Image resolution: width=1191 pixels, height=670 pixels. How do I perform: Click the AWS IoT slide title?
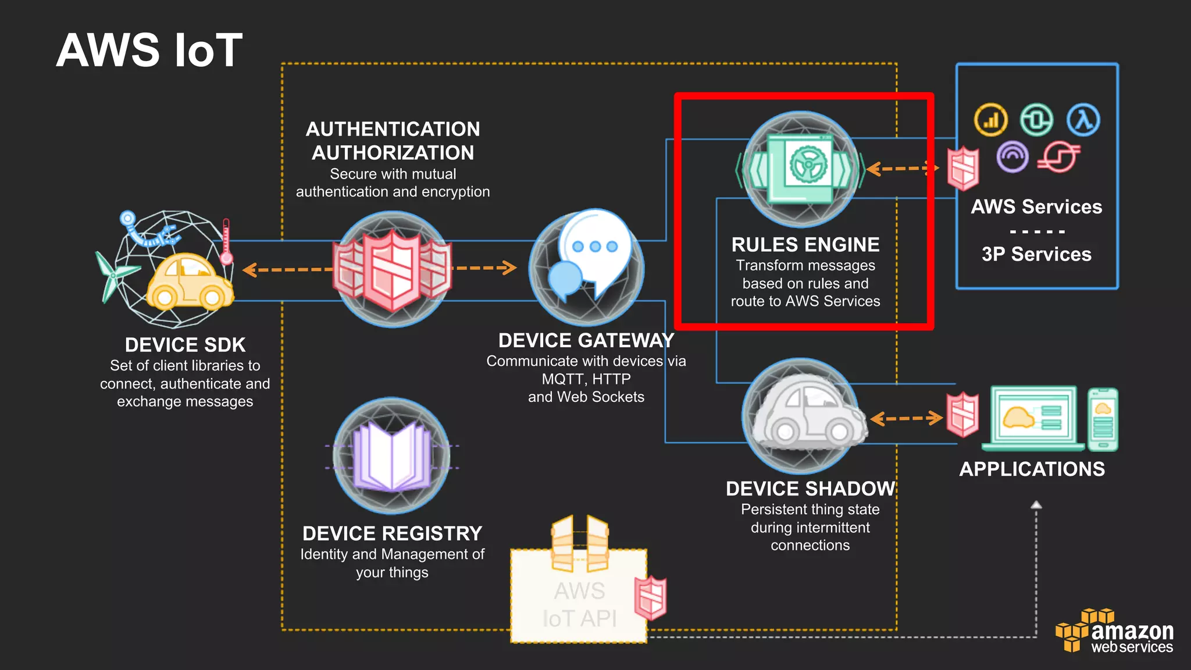149,51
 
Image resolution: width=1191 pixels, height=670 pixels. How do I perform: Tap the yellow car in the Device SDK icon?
188,282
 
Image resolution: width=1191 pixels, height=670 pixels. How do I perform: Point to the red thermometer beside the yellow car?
226,242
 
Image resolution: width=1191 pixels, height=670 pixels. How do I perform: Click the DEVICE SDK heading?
185,345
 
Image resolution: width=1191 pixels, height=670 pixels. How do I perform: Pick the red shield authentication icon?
392,269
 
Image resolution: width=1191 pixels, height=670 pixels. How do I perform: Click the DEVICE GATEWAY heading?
586,340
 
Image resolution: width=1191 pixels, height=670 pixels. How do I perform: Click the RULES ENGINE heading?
805,245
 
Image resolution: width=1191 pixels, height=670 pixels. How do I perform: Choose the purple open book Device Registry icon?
392,457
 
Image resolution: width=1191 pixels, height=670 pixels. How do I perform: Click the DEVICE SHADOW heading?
810,489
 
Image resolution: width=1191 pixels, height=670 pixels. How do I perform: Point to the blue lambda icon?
1083,120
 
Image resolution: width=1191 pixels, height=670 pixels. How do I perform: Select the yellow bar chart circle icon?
990,120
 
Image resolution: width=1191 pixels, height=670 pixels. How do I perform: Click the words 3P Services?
1036,254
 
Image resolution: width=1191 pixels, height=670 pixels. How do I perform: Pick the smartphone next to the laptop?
1103,419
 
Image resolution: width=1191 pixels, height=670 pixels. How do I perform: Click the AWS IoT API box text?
579,605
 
